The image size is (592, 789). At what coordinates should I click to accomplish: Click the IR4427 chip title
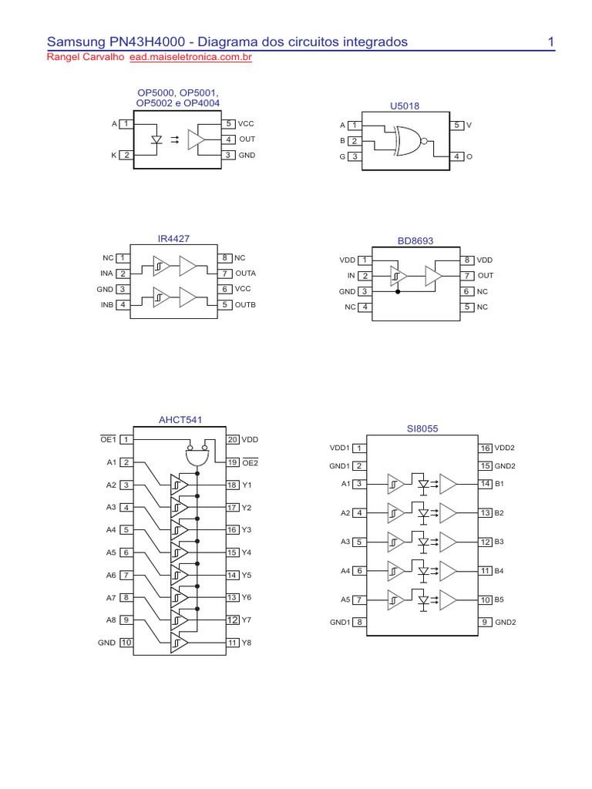173,239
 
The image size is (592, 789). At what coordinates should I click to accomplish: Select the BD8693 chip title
415,241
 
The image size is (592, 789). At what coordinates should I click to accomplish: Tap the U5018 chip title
405,106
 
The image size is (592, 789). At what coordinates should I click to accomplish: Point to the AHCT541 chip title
181,420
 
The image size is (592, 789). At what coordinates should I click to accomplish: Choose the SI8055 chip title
422,428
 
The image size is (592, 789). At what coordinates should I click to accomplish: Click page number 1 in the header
552,42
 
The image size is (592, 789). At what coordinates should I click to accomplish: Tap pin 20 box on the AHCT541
233,439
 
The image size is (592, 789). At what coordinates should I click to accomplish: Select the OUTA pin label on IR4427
245,274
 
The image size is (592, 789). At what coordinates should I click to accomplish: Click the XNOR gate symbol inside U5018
406,141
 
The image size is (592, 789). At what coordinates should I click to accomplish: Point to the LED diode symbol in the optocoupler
156,139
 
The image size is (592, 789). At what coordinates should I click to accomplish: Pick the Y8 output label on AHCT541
247,643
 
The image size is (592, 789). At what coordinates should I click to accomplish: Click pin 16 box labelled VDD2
485,448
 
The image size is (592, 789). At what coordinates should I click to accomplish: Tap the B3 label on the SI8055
499,542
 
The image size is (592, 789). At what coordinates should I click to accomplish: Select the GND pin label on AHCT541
106,643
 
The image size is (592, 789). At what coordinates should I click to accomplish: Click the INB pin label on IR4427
106,304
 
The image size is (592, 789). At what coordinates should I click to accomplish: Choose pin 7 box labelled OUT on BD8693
467,275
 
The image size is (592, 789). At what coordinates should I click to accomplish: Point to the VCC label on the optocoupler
246,123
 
